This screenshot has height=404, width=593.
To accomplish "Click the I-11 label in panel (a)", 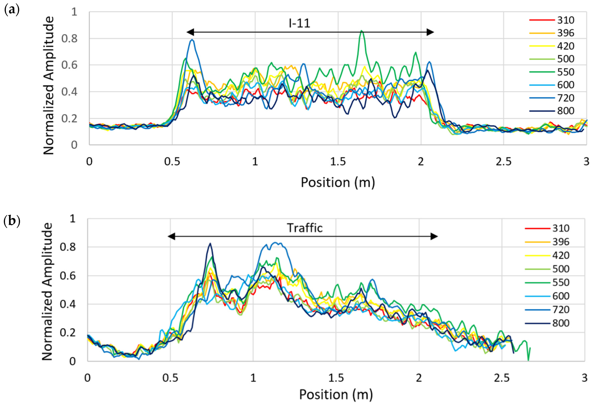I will click(x=299, y=24).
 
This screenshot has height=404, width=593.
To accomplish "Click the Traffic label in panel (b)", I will click(x=305, y=228).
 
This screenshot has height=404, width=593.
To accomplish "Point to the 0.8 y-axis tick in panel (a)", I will click(x=69, y=39).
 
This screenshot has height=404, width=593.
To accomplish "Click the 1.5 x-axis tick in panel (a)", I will click(x=338, y=162).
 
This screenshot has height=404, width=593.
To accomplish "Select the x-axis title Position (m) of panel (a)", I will click(x=338, y=183).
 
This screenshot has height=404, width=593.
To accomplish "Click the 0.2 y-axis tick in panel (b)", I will click(x=68, y=333).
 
